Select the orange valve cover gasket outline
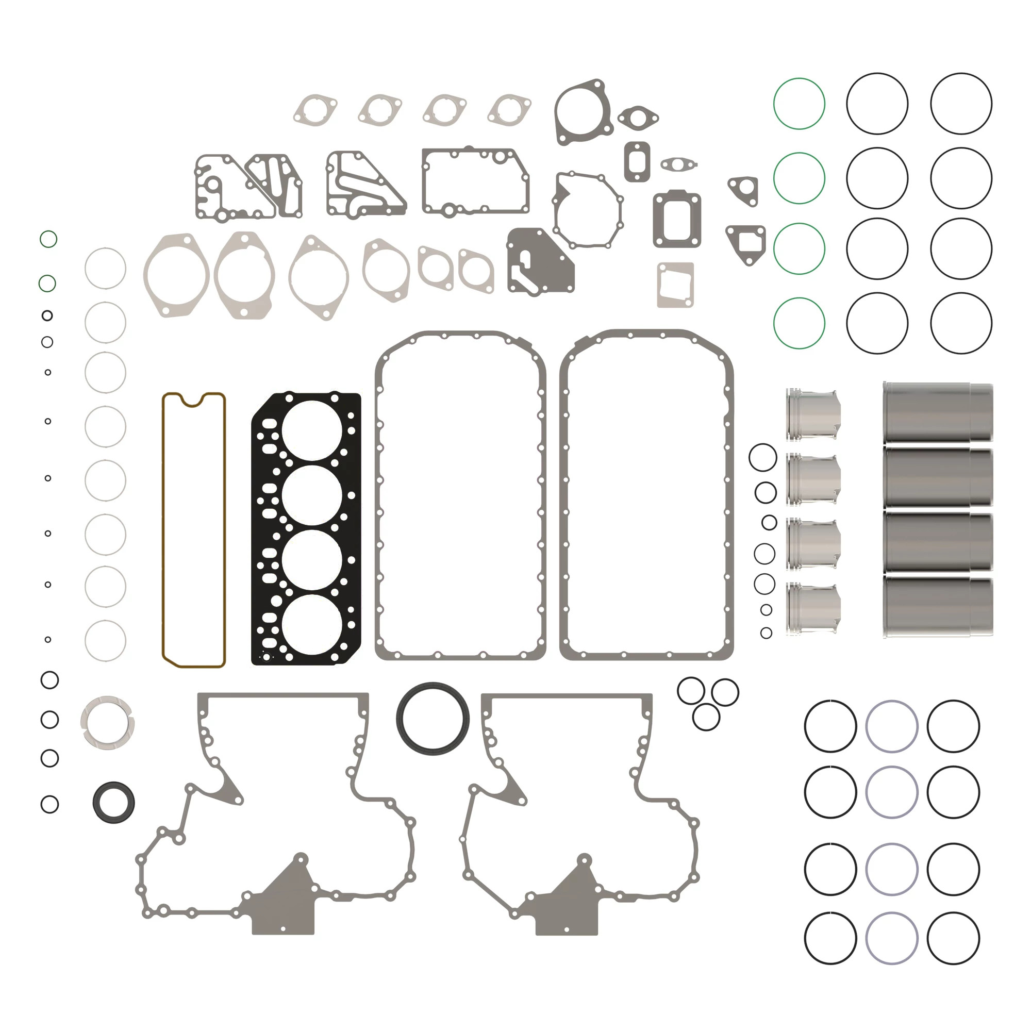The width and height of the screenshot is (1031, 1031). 163,528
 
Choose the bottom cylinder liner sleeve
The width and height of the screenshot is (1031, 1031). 937,606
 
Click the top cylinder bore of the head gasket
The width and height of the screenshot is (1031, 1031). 312,430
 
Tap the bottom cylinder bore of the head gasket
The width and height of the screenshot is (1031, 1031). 312,624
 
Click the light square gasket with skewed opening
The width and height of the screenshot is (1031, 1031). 675,285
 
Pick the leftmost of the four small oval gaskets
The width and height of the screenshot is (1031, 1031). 315,110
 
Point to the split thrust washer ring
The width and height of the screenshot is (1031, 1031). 107,723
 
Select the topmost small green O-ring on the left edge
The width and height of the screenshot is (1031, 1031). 48,239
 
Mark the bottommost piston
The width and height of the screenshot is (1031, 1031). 812,609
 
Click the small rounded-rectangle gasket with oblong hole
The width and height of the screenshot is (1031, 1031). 637,161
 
